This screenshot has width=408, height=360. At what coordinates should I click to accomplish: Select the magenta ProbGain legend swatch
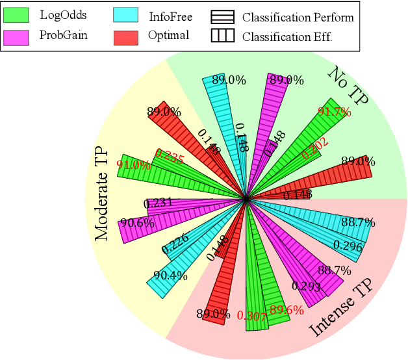coord(19,35)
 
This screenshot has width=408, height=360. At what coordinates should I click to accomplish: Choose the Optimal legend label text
coord(168,35)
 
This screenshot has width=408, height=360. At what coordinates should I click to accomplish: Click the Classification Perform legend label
coord(298,17)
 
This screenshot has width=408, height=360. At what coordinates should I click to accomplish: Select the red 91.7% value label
coord(335,112)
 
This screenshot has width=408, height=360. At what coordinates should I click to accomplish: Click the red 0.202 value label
coord(315,149)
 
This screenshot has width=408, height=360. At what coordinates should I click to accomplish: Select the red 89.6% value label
coord(287,311)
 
